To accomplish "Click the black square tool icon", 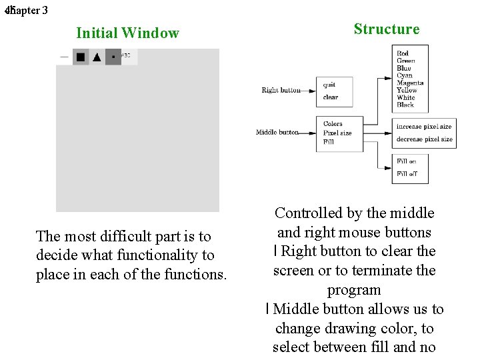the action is (81, 57).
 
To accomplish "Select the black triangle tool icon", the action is (97, 57).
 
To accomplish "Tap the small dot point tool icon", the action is (113, 57).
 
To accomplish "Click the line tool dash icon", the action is (64, 57).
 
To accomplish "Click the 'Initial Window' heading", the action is (127, 33).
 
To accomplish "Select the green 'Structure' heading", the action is (387, 29).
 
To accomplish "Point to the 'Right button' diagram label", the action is (281, 90).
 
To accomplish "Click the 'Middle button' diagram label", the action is (277, 132).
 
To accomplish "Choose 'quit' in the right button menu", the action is (329, 85).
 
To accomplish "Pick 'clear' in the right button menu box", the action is (331, 97).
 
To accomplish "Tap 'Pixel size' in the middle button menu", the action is (337, 133).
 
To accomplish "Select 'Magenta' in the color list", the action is (410, 83).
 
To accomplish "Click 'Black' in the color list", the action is (405, 105).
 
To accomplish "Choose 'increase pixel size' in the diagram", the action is (423, 127).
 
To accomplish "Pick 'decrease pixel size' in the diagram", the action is (424, 139).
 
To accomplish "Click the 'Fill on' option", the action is (406, 161).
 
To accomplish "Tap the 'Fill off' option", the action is (406, 174).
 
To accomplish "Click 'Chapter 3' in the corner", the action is (27, 11).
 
